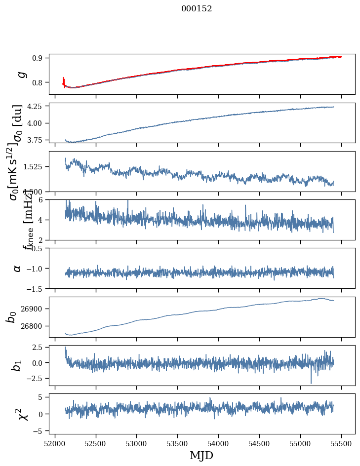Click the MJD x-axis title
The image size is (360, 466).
[201, 455]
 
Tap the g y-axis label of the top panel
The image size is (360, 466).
[20, 74]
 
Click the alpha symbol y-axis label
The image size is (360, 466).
[18, 268]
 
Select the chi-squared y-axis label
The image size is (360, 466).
[20, 414]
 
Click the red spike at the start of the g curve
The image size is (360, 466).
[64, 80]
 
